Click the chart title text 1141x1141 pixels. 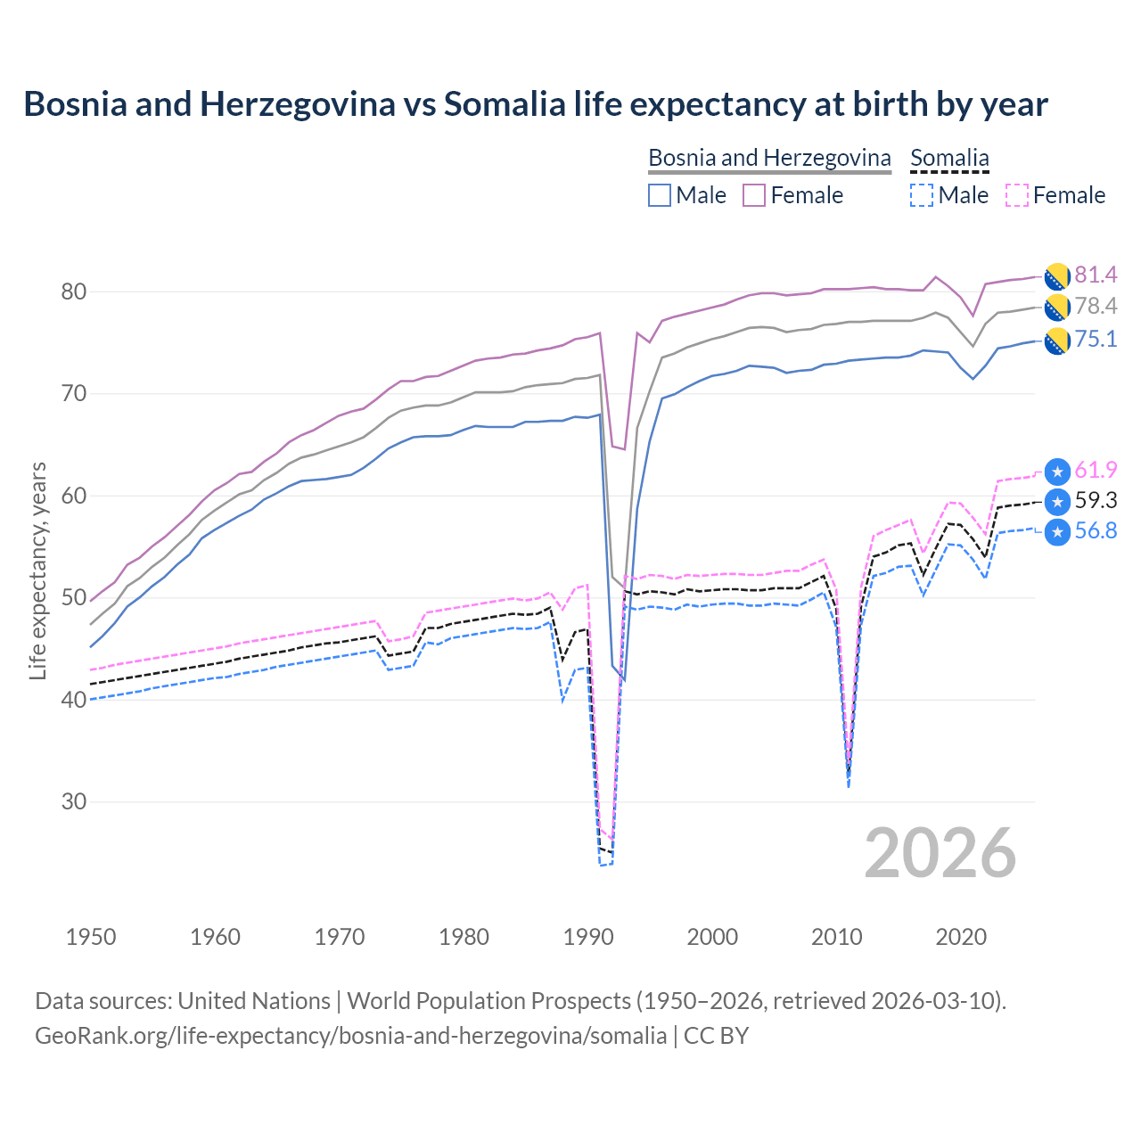pos(535,104)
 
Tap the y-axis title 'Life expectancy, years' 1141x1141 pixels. pos(37,570)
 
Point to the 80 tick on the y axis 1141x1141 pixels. pos(74,292)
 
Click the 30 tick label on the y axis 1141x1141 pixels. pos(74,802)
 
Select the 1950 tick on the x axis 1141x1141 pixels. pos(91,937)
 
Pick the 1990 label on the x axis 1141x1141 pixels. pos(588,937)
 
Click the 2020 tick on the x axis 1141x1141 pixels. pos(961,937)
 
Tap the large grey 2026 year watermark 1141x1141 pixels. pos(940,853)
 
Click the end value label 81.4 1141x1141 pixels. pos(1096,275)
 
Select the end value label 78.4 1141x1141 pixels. pos(1096,307)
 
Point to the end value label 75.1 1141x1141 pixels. pos(1096,340)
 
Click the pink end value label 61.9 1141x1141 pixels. pos(1096,471)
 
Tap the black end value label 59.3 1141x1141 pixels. pos(1096,501)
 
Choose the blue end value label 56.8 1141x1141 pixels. pos(1096,531)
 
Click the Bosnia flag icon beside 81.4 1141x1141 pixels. pos(1057,276)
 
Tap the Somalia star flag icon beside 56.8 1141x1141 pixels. pos(1057,532)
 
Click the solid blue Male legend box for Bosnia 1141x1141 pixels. pos(660,195)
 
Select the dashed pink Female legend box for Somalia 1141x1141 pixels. pos(1017,195)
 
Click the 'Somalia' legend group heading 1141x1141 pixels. pos(949,158)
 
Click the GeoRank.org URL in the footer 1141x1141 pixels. pos(350,1036)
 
